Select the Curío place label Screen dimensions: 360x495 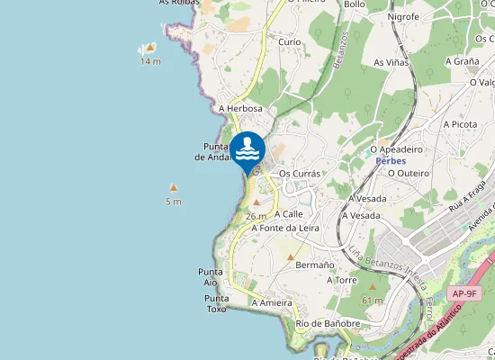[290, 42]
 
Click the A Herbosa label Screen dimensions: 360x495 [240, 108]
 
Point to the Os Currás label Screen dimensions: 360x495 [301, 174]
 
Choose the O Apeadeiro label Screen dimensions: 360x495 [397, 149]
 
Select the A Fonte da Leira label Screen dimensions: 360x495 [285, 228]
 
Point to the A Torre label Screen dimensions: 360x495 [342, 280]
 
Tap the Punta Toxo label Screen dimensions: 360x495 [216, 303]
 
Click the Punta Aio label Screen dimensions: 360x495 [210, 276]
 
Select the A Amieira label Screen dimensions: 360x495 [272, 303]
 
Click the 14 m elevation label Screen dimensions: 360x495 [150, 61]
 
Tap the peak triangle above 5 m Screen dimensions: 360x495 [174, 188]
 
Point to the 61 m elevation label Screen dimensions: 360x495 [372, 300]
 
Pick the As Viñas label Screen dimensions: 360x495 [391, 62]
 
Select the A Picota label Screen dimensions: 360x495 [460, 124]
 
